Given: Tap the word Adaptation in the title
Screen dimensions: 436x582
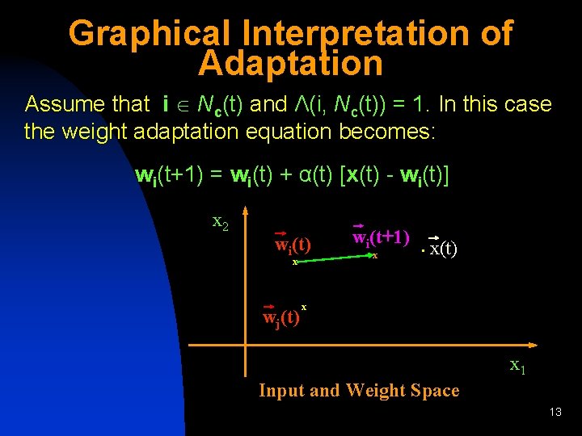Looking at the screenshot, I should [x=290, y=64].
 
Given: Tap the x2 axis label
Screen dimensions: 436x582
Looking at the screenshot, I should [x=220, y=221].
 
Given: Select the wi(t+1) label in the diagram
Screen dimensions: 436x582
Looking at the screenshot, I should [x=381, y=237].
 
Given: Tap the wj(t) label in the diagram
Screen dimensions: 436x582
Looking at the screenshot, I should [x=281, y=315].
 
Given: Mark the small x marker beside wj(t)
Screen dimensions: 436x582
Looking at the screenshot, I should [x=304, y=307].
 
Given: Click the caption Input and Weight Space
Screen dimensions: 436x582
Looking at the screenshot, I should [x=358, y=391].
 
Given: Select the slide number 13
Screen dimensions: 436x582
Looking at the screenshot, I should [x=555, y=413].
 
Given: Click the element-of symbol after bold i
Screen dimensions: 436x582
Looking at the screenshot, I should [x=185, y=105].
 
